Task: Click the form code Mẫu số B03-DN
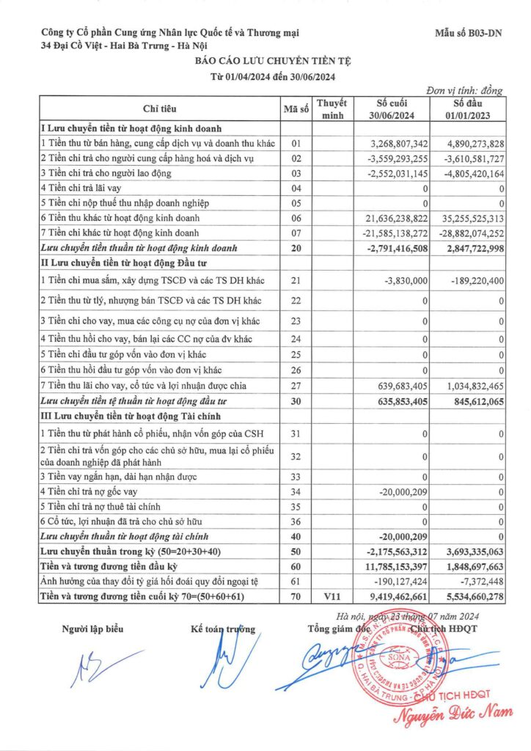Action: tap(469, 33)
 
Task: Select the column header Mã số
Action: tap(296, 109)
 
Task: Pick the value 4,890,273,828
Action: tap(468, 143)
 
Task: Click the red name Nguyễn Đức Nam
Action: tap(454, 711)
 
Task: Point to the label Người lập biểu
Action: tap(93, 629)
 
